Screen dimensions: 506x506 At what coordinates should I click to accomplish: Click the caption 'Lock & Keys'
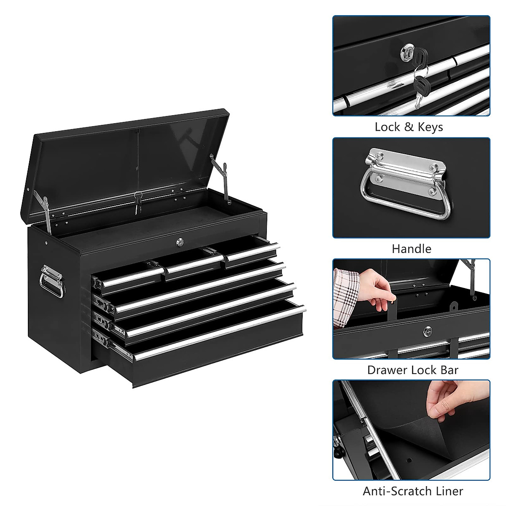pyautogui.click(x=409, y=127)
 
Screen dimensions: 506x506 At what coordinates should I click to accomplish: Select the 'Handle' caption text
pyautogui.click(x=412, y=249)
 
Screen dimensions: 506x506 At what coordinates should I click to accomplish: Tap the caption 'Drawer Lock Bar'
pyautogui.click(x=412, y=370)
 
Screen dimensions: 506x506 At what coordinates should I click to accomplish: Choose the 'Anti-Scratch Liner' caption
pyautogui.click(x=413, y=491)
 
